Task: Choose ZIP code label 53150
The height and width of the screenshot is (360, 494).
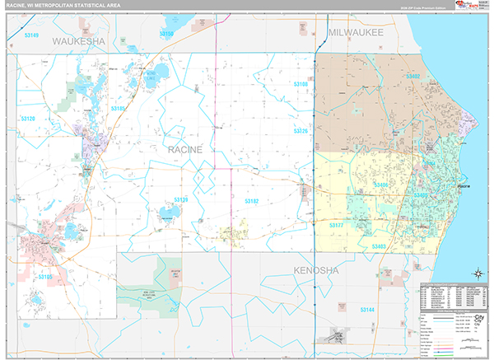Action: (x=166, y=34)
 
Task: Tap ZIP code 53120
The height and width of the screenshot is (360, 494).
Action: (x=28, y=119)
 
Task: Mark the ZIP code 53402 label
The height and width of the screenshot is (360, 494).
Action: (x=412, y=76)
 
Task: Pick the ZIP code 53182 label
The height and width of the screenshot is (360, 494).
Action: (x=251, y=200)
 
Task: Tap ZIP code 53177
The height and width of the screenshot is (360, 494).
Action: (x=337, y=225)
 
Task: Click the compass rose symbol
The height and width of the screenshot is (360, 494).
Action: (x=477, y=274)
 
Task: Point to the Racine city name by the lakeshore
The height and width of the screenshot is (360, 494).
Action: (x=464, y=187)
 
